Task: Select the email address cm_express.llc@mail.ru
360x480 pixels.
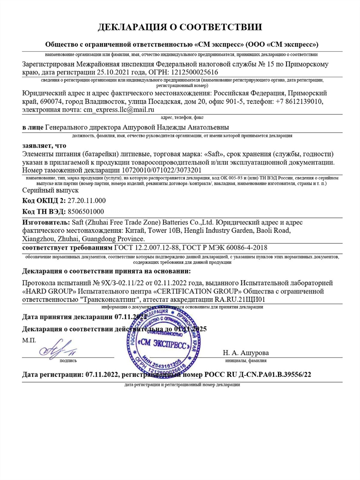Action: (119, 109)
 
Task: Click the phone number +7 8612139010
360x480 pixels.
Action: (296, 101)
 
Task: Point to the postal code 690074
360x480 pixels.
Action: (49, 101)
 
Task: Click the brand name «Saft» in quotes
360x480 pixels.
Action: (213, 154)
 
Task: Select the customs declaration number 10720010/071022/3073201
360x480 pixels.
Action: (162, 170)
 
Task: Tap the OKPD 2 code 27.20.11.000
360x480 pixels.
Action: (87, 201)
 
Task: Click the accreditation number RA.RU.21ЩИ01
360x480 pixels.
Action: (240, 299)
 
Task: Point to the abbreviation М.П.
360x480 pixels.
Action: (29, 340)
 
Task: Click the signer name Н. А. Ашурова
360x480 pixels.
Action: (246, 352)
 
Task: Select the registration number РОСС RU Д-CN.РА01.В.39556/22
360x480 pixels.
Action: (258, 374)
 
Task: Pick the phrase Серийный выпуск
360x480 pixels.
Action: (50, 190)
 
